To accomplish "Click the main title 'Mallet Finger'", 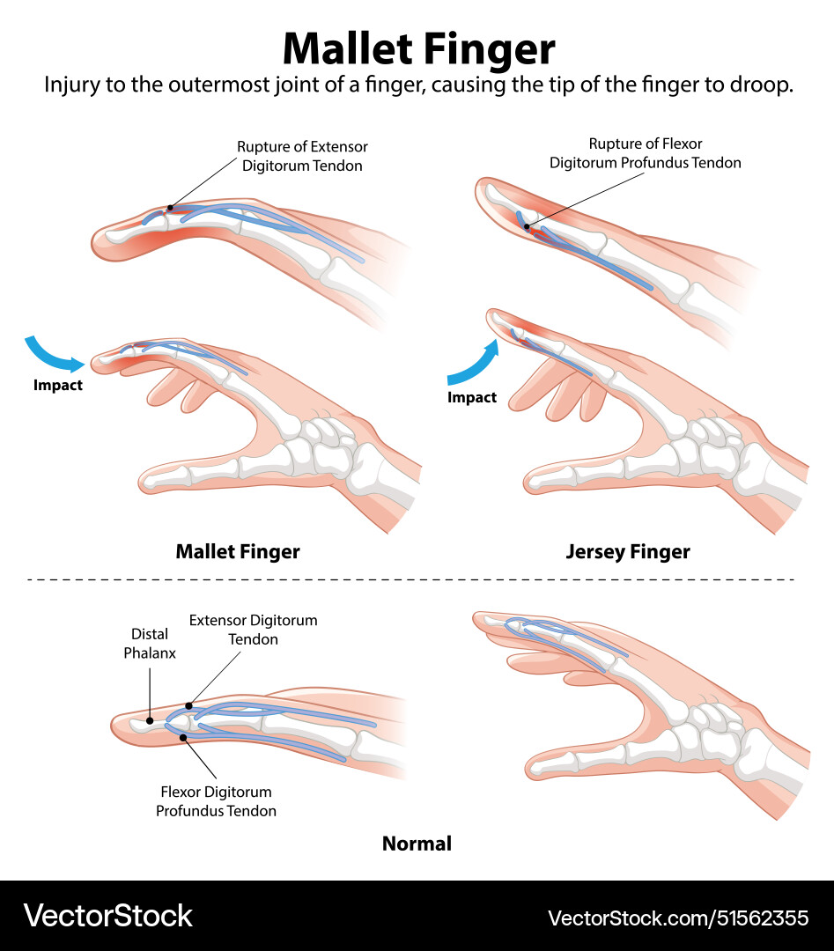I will point(418,48).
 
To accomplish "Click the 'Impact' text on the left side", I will point(58,385).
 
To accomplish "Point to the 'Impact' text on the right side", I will point(472,397).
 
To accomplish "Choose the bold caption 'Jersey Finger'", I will point(628,552).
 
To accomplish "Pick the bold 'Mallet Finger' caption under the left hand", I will point(238,552).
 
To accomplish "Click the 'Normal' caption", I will point(417,844).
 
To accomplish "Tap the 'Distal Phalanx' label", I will point(149,643).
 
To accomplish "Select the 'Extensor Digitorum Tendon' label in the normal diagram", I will point(254,630).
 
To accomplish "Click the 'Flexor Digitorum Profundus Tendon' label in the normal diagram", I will point(216,801).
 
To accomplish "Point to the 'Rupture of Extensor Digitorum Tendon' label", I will point(302,156).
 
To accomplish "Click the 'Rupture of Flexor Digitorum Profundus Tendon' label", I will point(646,153).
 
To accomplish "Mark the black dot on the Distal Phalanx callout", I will point(150,719).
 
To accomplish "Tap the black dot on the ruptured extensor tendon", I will point(169,209).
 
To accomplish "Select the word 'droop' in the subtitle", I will point(763,86).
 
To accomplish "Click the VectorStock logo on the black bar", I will point(107,916).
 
